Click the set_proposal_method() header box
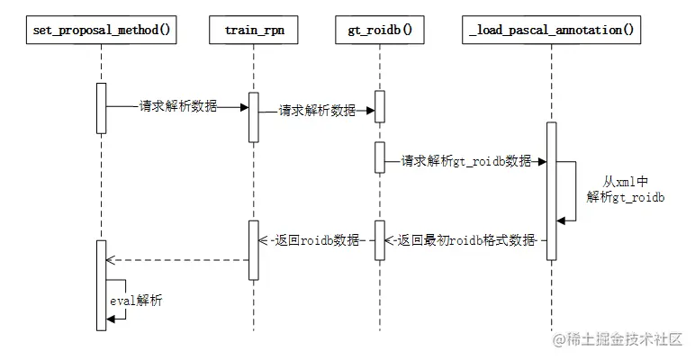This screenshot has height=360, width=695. pos(101,30)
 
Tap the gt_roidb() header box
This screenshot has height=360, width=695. pos(379,30)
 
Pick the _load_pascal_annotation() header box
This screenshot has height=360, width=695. pos(551,30)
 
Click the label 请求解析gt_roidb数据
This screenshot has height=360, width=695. pos(466,161)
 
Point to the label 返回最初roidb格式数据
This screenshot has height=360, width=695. pos(465,241)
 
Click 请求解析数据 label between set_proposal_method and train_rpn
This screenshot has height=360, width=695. pos(177,106)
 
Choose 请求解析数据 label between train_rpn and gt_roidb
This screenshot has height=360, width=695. pos(317,112)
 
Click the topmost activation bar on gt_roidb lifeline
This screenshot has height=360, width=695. pos(380,106)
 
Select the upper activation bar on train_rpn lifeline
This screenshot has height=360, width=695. pos(254,117)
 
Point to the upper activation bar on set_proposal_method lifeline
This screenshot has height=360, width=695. pos(101,108)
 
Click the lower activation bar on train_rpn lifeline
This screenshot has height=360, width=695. pos(254,249)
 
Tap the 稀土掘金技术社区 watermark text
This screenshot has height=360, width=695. pos(618,339)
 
